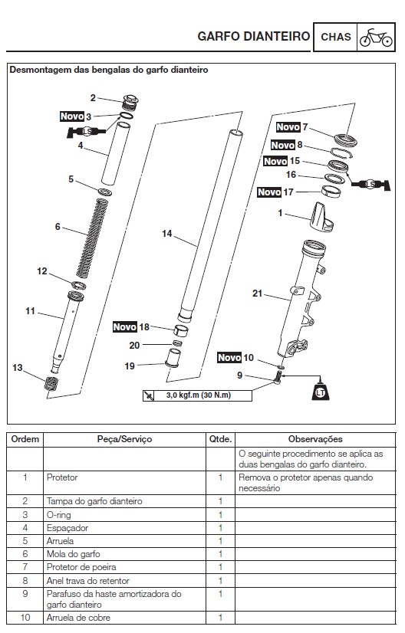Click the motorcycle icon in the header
tap(376, 37)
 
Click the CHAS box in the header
tap(335, 37)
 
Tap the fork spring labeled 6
tap(89, 238)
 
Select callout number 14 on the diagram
tap(167, 234)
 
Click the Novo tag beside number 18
tap(125, 326)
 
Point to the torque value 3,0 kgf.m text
tap(198, 395)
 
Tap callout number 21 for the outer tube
tap(257, 293)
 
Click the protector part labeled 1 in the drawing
tap(321, 218)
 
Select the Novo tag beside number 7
tap(288, 127)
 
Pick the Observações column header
tap(314, 439)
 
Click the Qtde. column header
tap(220, 439)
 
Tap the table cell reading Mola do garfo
tap(74, 553)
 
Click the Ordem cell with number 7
tap(25, 566)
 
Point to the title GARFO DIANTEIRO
tap(253, 36)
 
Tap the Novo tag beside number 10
tap(229, 358)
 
